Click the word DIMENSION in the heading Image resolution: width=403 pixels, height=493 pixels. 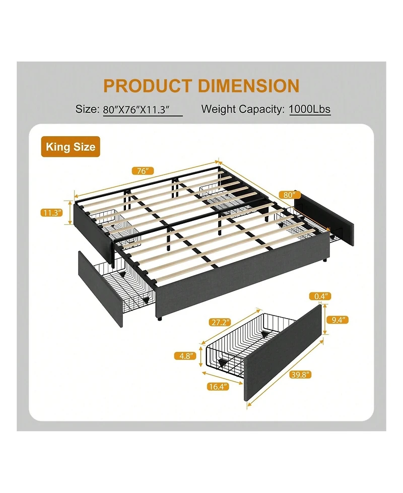click(248, 85)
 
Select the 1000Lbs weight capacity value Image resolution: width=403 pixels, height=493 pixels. click(310, 109)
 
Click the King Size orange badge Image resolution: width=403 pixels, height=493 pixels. click(71, 147)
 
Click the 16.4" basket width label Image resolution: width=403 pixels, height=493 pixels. click(217, 387)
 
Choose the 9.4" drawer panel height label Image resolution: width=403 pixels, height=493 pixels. click(337, 320)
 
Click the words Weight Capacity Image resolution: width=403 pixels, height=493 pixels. click(243, 109)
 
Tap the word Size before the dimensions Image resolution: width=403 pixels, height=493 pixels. click(86, 109)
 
